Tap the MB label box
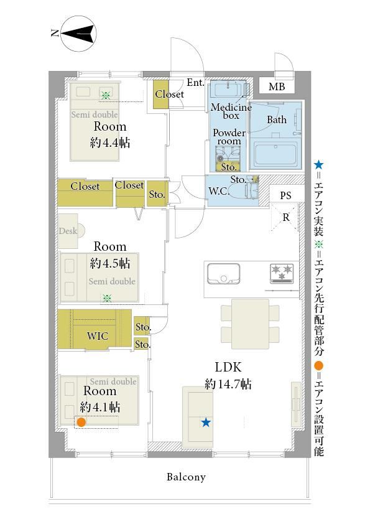pyautogui.click(x=277, y=87)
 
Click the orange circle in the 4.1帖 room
pyautogui.click(x=81, y=423)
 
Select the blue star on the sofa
pyautogui.click(x=206, y=423)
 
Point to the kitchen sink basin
pyautogui.click(x=223, y=273)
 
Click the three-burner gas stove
pyautogui.click(x=282, y=273)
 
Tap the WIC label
pyautogui.click(x=98, y=335)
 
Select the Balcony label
pyautogui.click(x=186, y=477)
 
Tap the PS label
pyautogui.click(x=285, y=195)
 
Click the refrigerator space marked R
pyautogui.click(x=285, y=217)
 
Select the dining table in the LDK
pyautogui.click(x=250, y=324)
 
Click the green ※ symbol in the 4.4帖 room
pyautogui.click(x=106, y=96)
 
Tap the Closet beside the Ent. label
pyautogui.click(x=161, y=94)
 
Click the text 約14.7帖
pyautogui.click(x=228, y=384)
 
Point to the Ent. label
pyautogui.click(x=195, y=83)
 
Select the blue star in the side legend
pyautogui.click(x=319, y=164)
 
